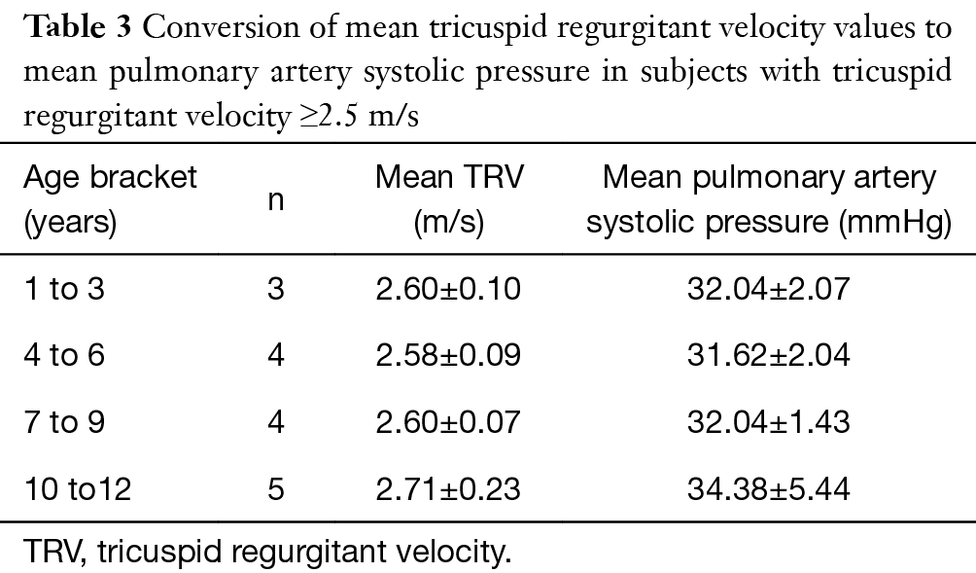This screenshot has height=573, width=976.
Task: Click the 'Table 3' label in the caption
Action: (x=75, y=26)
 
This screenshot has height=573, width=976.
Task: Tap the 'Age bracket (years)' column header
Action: (x=110, y=200)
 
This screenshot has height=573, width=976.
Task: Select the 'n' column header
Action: (x=276, y=200)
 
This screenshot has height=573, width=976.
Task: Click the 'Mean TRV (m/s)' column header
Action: (x=448, y=200)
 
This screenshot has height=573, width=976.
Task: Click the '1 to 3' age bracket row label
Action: (x=63, y=290)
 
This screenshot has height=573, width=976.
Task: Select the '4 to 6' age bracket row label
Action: (x=63, y=356)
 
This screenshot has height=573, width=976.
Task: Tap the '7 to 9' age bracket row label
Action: (x=63, y=422)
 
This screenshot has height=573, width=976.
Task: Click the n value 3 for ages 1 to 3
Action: (x=276, y=290)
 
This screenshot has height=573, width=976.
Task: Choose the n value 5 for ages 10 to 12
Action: (x=276, y=488)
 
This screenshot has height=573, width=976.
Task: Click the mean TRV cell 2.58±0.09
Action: (x=448, y=356)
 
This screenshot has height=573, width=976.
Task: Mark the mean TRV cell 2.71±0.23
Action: (x=448, y=488)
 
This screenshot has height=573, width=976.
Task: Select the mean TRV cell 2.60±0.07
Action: (x=448, y=422)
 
